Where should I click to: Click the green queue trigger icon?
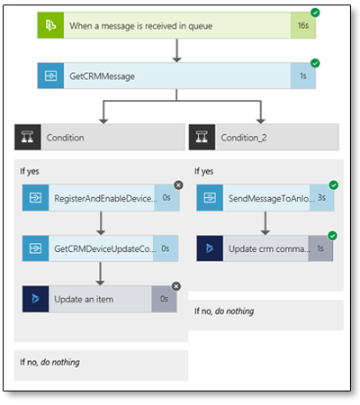pyautogui.click(x=50, y=25)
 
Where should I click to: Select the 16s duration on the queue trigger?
pyautogui.click(x=303, y=25)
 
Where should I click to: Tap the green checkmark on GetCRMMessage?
pyautogui.click(x=315, y=63)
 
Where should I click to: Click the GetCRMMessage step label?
pyautogui.click(x=102, y=76)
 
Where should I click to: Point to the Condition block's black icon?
pyautogui.click(x=28, y=137)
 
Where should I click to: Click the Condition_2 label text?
pyautogui.click(x=244, y=138)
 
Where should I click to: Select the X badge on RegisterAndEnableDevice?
pyautogui.click(x=178, y=185)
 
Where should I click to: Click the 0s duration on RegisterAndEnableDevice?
pyautogui.click(x=166, y=197)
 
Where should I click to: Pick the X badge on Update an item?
pyautogui.click(x=176, y=286)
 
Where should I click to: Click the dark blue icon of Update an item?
pyautogui.click(x=35, y=299)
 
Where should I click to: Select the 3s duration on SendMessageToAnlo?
pyautogui.click(x=321, y=197)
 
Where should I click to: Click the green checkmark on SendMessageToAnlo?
pyautogui.click(x=334, y=185)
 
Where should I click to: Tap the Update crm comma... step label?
pyautogui.click(x=269, y=249)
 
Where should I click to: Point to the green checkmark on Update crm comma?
pyautogui.click(x=332, y=236)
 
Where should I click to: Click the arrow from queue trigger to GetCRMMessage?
pyautogui.click(x=176, y=50)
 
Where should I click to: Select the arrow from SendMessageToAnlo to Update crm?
pyautogui.click(x=265, y=223)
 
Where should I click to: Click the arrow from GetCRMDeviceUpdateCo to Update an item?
pyautogui.click(x=100, y=274)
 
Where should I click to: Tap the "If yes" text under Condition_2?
pyautogui.click(x=204, y=171)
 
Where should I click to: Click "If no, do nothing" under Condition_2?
pyautogui.click(x=224, y=311)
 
